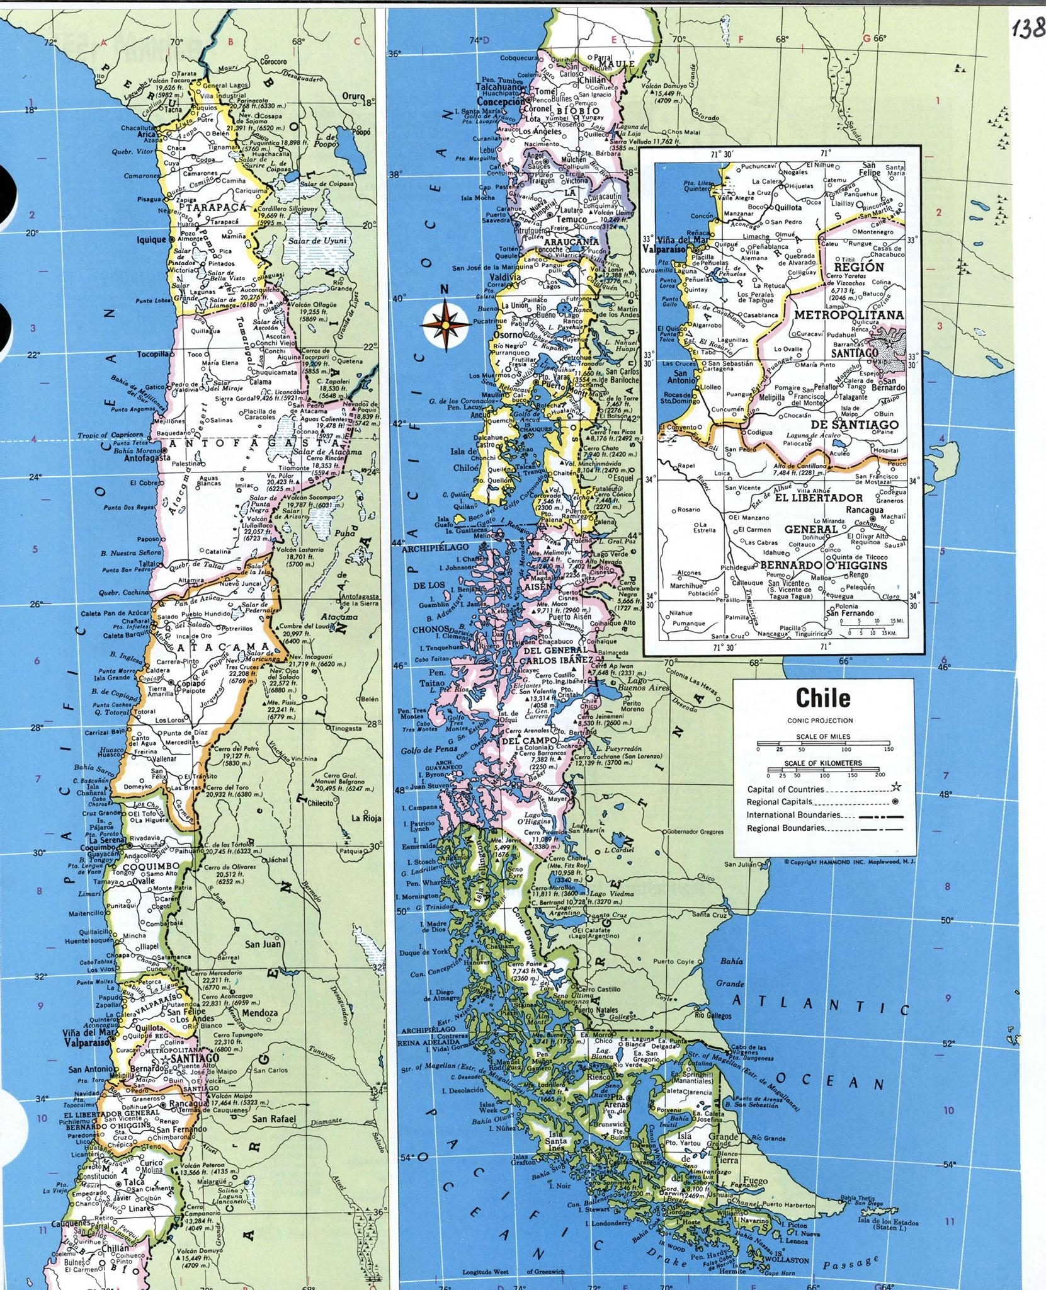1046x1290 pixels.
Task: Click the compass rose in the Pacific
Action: tap(445, 324)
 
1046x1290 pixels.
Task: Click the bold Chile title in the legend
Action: tap(822, 697)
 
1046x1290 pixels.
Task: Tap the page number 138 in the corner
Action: tap(1027, 29)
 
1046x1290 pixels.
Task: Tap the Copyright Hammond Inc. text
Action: tap(850, 862)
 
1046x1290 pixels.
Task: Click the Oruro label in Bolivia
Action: tap(353, 96)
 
